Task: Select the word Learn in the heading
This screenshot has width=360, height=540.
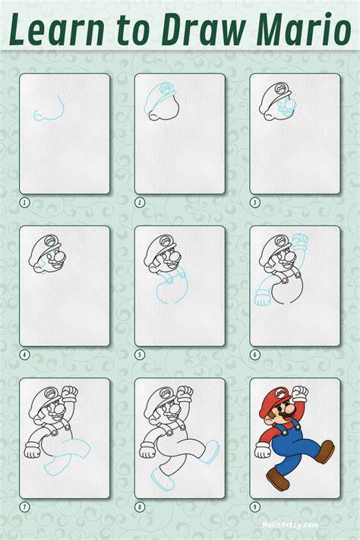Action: point(57,30)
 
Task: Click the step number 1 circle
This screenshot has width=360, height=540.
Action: point(24,203)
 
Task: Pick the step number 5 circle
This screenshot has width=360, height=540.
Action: point(140,355)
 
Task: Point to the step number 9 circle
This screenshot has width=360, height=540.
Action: point(255,507)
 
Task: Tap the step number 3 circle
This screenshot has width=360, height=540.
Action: point(255,203)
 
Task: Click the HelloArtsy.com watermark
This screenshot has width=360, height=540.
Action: point(290,525)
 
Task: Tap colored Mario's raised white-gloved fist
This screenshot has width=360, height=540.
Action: point(299,393)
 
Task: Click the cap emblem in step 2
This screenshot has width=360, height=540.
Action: point(166,90)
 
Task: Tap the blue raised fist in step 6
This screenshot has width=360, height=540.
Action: point(299,241)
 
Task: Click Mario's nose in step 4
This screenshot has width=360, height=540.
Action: point(59,257)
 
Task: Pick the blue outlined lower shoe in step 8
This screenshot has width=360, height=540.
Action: point(163,479)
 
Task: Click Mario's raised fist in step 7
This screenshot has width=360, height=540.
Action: point(70,393)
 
